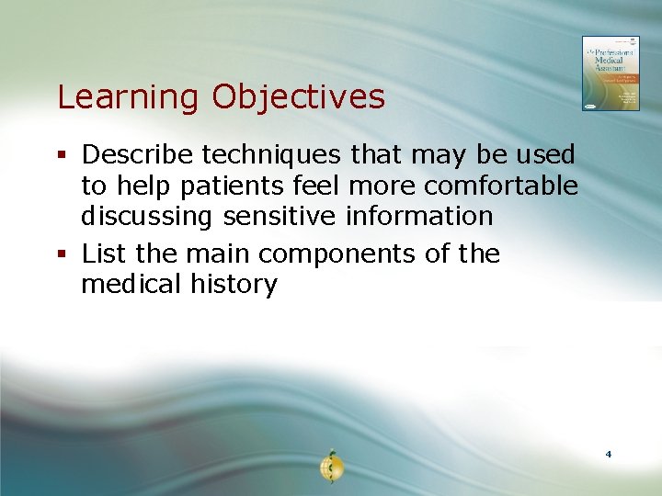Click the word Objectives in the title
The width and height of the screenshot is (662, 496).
[299, 97]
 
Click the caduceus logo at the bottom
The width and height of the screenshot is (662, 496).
[331, 468]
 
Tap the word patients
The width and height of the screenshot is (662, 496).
[236, 186]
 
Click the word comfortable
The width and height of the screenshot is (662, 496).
[501, 186]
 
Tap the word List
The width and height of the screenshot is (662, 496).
[101, 254]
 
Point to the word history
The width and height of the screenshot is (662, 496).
[234, 285]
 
